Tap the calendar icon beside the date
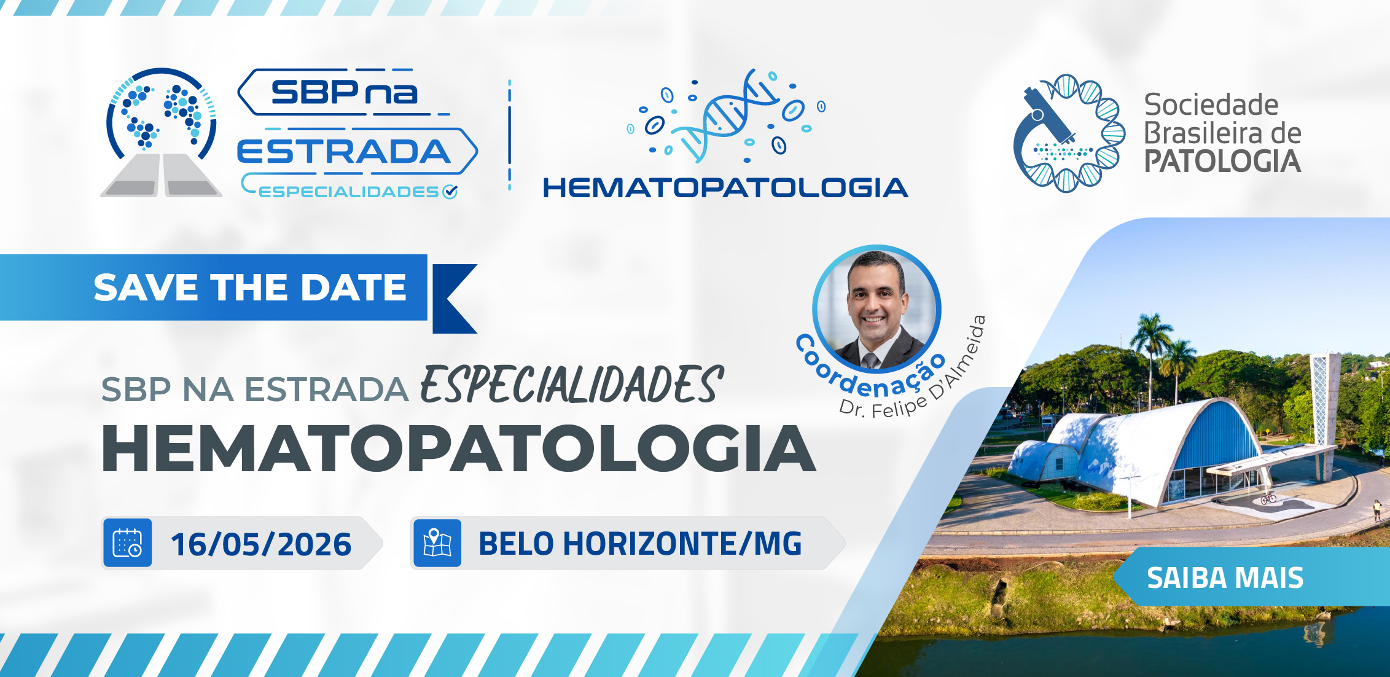tap(128, 543)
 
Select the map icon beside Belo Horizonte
tap(437, 543)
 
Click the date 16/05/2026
tap(261, 544)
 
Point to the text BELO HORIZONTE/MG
tap(640, 544)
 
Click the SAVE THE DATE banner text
tap(250, 288)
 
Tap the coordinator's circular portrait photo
tap(877, 309)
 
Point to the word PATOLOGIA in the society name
tap(1222, 162)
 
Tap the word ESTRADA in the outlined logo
tap(344, 152)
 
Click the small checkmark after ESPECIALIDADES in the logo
tap(450, 192)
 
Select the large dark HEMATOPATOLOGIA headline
tap(459, 449)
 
